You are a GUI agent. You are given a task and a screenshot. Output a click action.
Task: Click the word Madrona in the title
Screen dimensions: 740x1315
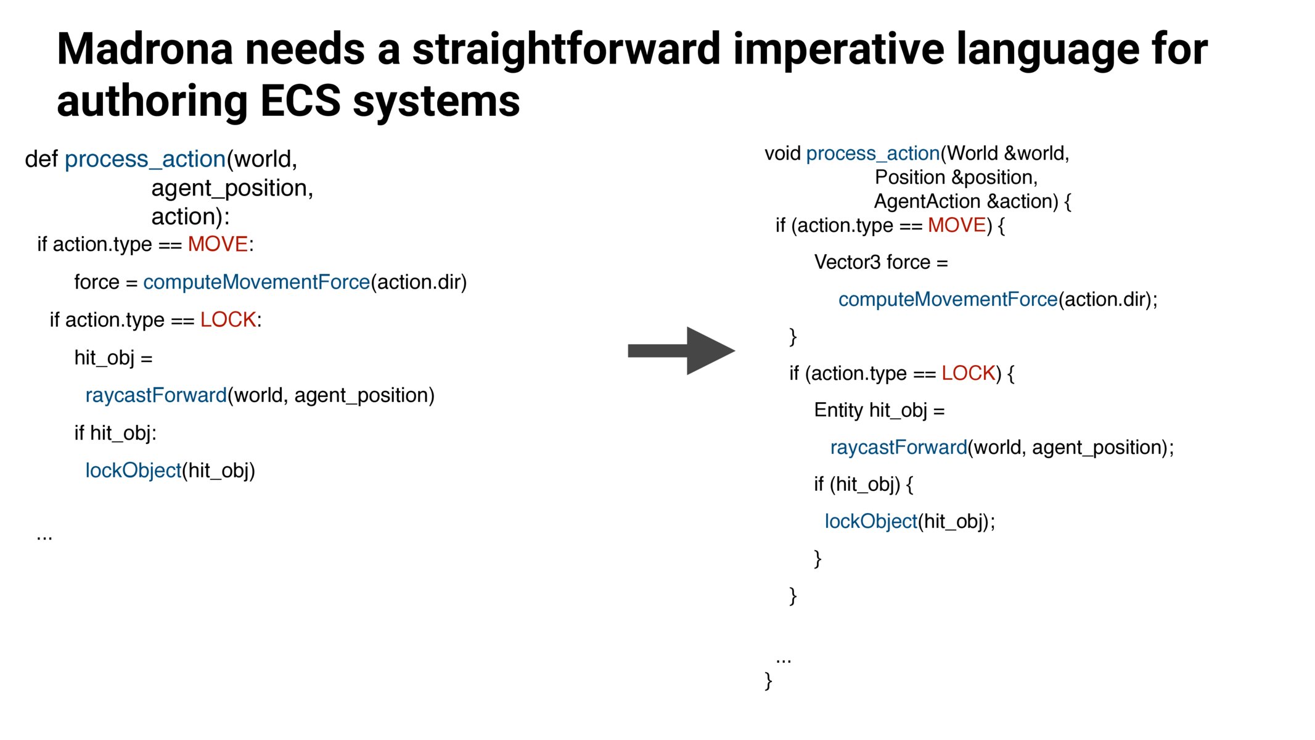click(x=145, y=49)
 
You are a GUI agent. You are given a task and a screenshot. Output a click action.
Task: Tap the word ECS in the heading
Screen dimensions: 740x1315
click(x=300, y=102)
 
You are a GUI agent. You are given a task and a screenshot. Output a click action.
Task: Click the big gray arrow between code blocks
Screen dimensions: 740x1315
click(x=681, y=351)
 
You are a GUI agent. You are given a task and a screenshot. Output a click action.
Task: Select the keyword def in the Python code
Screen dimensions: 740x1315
click(x=41, y=159)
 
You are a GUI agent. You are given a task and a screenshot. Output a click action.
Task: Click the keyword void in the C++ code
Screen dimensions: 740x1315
click(x=782, y=154)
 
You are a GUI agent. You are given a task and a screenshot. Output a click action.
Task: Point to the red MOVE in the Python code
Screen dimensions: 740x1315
click(x=218, y=244)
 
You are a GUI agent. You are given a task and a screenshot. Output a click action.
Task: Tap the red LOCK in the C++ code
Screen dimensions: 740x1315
click(x=968, y=373)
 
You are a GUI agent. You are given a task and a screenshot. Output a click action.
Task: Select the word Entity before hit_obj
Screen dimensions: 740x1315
click(x=838, y=410)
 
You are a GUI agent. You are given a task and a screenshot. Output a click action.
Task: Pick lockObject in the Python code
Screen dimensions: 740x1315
click(x=133, y=471)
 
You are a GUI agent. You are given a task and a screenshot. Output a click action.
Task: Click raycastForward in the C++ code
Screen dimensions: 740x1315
click(x=898, y=447)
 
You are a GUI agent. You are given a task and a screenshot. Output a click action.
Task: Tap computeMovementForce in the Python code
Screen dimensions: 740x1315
click(x=256, y=282)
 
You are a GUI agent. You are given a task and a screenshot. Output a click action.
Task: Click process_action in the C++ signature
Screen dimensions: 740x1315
click(x=872, y=154)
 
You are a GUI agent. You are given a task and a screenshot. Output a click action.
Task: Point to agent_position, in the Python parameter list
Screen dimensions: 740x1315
click(x=232, y=188)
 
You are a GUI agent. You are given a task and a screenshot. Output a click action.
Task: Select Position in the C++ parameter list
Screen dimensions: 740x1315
click(x=910, y=178)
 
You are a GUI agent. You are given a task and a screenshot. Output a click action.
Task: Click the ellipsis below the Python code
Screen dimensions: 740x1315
click(x=44, y=537)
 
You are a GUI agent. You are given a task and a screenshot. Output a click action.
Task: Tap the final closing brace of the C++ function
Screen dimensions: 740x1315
click(x=768, y=681)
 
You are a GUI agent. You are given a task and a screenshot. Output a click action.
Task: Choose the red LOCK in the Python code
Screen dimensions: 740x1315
click(x=228, y=320)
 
